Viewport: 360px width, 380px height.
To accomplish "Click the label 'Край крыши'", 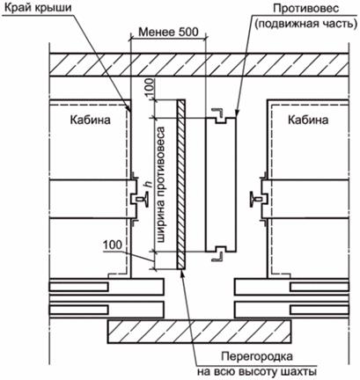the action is point(38,7).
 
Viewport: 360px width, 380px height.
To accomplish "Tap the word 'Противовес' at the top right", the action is point(306,8).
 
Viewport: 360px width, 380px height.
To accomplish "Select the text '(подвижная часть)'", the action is point(305,24).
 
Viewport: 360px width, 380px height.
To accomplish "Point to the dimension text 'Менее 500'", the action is point(168,32).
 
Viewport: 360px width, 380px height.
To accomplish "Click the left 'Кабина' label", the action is point(91,120).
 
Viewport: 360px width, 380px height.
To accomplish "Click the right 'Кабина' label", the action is point(308,120).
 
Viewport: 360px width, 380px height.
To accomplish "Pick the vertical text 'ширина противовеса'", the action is point(161,185).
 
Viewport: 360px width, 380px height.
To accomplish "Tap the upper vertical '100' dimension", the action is point(150,87).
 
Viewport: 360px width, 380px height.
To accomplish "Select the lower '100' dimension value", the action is point(113,245).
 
